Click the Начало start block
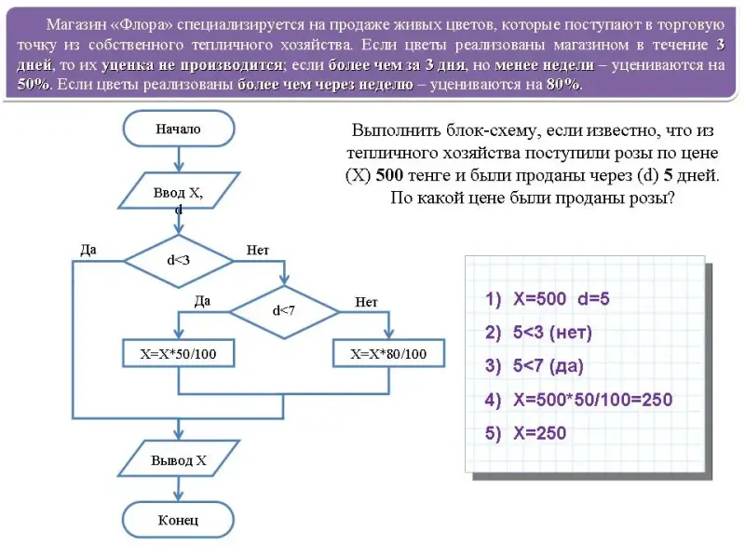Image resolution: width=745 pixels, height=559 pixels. (x=178, y=130)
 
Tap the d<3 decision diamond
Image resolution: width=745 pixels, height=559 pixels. (x=178, y=260)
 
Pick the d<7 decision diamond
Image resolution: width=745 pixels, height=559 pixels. (x=283, y=310)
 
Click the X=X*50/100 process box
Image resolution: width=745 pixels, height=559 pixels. (x=178, y=354)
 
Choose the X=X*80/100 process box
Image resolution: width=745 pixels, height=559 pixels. (x=388, y=354)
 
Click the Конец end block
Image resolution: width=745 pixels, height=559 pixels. (x=178, y=520)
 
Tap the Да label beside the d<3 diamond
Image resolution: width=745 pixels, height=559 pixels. (x=89, y=250)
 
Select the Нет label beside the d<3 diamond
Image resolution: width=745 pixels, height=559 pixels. (x=258, y=250)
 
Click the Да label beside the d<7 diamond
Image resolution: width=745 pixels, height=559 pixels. (x=202, y=301)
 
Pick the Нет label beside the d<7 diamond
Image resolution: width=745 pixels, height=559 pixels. (x=366, y=301)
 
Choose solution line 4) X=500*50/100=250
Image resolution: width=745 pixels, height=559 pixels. (x=578, y=400)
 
